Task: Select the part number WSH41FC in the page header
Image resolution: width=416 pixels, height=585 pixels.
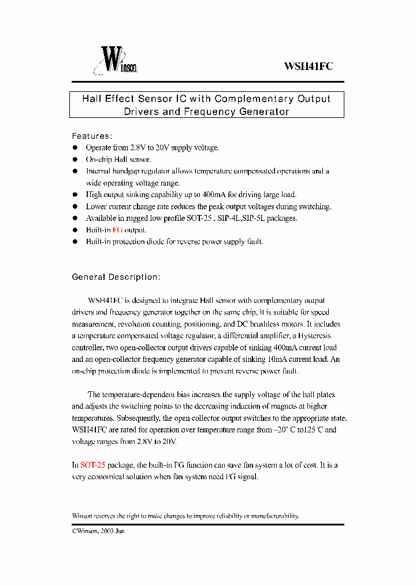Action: (x=308, y=66)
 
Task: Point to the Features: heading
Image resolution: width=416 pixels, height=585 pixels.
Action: (x=91, y=136)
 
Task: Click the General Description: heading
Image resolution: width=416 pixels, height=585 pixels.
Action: (x=116, y=277)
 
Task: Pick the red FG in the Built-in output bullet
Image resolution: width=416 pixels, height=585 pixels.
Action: (x=117, y=230)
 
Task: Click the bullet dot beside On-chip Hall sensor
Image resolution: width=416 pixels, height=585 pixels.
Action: (x=75, y=160)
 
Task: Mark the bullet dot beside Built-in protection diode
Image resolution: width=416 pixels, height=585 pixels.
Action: (x=75, y=242)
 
